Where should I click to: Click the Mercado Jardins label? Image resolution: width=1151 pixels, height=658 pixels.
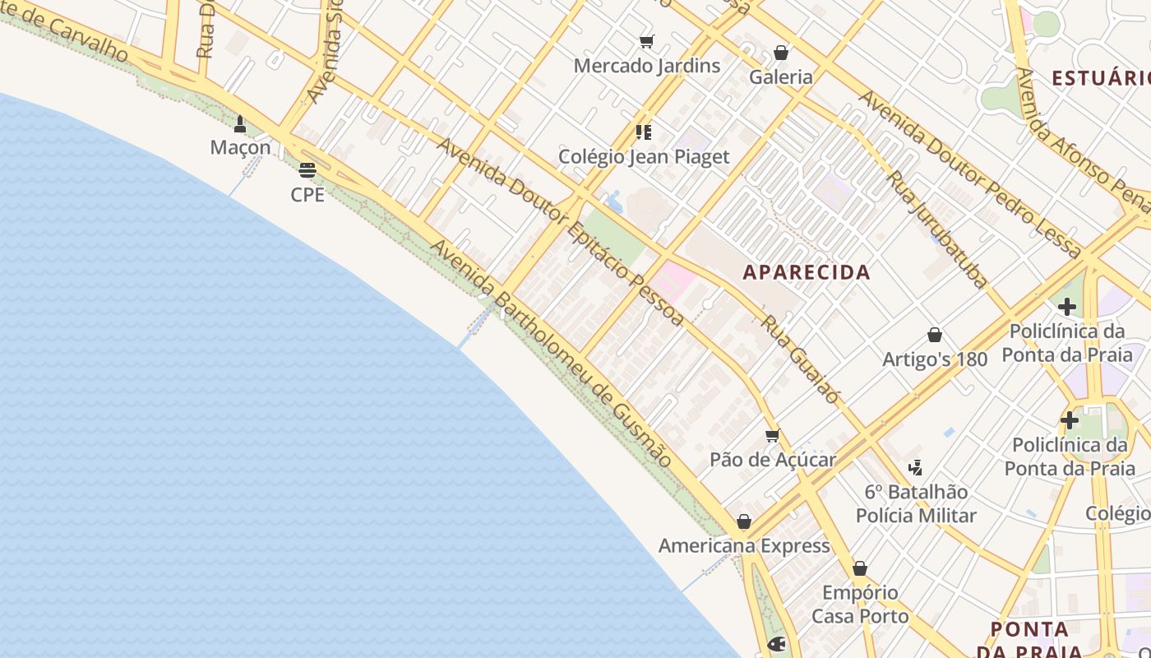(646, 66)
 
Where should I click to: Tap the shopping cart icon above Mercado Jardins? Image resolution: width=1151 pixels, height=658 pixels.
(646, 41)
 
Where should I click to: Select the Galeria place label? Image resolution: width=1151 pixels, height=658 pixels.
(780, 77)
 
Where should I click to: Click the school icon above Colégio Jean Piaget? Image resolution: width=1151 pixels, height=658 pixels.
(644, 132)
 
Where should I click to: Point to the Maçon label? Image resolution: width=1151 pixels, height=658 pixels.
(240, 148)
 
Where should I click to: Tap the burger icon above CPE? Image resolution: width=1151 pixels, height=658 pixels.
(307, 170)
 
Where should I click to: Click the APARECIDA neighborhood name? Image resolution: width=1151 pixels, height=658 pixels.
(807, 272)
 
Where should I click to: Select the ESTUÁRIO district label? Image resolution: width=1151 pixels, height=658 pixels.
(1102, 78)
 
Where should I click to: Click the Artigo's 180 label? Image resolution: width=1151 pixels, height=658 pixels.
(935, 359)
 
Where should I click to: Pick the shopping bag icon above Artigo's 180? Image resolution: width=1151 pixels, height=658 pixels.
(935, 335)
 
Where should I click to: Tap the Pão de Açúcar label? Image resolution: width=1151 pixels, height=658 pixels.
(773, 460)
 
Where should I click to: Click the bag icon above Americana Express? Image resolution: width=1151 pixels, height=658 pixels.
(744, 521)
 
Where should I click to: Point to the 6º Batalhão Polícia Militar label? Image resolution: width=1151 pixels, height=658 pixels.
(916, 504)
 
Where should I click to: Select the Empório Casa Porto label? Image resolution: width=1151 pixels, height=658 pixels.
(860, 605)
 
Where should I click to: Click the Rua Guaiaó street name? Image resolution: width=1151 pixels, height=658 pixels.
(800, 359)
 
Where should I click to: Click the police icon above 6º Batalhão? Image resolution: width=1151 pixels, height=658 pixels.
(915, 468)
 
